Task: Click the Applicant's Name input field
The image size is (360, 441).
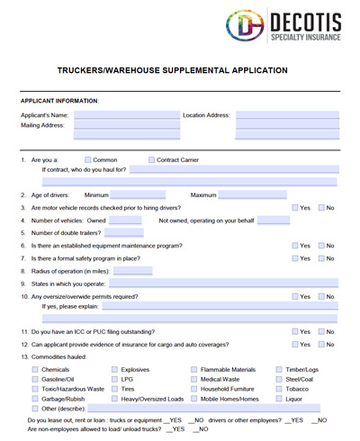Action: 126,115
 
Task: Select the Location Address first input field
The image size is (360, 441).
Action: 287,115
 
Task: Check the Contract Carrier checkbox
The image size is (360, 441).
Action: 151,160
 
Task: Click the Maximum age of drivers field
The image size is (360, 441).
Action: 251,194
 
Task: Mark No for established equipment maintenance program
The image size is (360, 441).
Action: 321,246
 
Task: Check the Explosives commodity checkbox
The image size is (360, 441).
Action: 114,369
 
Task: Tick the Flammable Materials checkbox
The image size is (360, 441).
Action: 193,369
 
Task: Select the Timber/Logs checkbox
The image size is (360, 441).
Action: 278,369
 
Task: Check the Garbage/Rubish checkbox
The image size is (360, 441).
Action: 34,399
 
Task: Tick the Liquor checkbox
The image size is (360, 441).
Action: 278,399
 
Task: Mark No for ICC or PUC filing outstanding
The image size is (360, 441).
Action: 321,331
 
